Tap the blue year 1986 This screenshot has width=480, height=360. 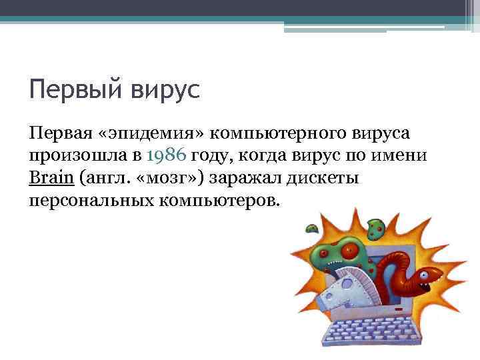tap(166, 156)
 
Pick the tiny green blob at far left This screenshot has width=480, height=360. tap(311, 229)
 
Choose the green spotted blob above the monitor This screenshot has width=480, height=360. tap(377, 229)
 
